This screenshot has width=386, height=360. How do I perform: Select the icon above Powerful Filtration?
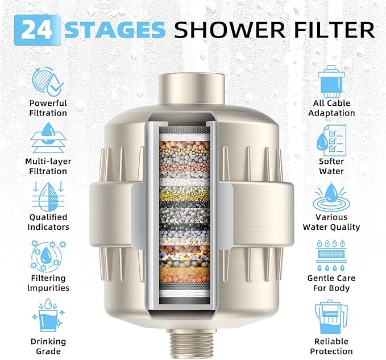pos(48,81)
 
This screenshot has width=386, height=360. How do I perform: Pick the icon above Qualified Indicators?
pos(48,195)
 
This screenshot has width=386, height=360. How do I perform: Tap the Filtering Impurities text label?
pos(48,283)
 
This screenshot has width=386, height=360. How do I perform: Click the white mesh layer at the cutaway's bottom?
pos(187,295)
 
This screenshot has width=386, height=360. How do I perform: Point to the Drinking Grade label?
pos(48,346)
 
